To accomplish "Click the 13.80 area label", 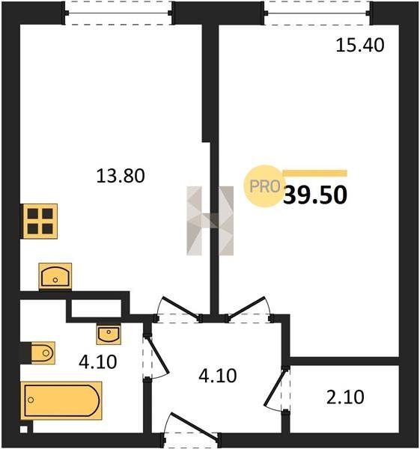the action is click(x=121, y=176).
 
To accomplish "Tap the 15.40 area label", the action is click(x=360, y=45).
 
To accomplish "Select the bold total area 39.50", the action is click(x=315, y=195).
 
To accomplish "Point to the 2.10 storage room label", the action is click(x=345, y=397).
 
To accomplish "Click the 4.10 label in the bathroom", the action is click(x=98, y=361).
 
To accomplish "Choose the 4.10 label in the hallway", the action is click(x=218, y=376).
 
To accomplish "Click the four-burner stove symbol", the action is click(x=40, y=221).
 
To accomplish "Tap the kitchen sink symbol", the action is click(x=55, y=276).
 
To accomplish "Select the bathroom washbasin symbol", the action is click(x=109, y=335).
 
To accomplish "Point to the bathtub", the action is click(x=61, y=400).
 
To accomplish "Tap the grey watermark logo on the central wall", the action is click(x=210, y=221).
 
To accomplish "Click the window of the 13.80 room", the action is click(x=118, y=13).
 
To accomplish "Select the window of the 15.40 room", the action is click(x=317, y=13).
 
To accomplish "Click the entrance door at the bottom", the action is click(x=195, y=426).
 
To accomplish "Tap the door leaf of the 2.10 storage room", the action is click(x=275, y=388).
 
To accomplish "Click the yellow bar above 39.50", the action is click(x=315, y=174).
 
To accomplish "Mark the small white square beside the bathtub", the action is click(x=24, y=430).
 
